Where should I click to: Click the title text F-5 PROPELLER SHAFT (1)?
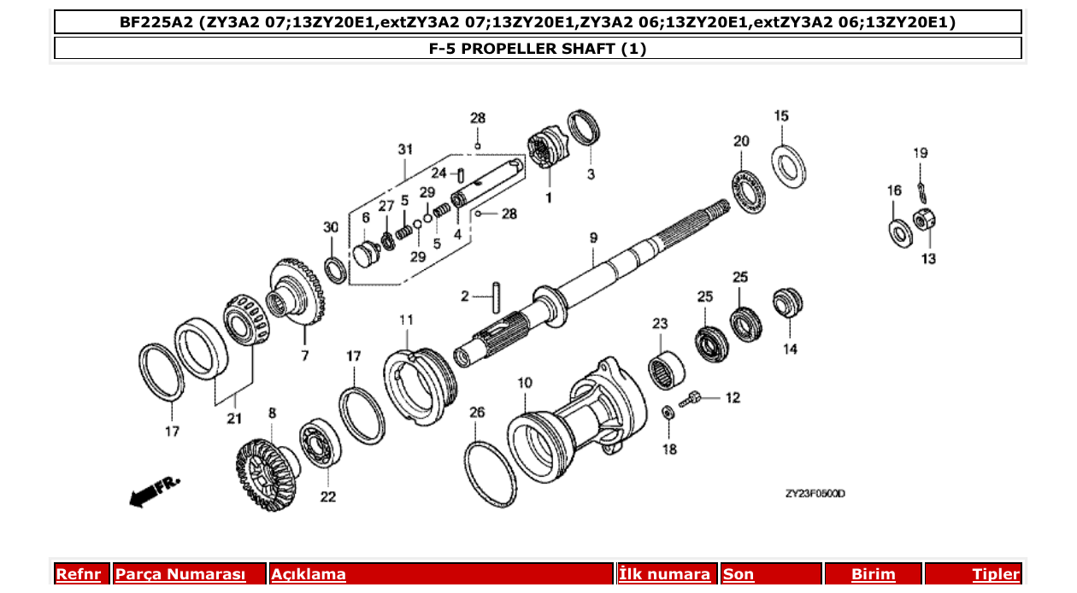[x=537, y=49]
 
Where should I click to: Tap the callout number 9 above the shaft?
[x=592, y=238]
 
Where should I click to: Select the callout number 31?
[x=404, y=149]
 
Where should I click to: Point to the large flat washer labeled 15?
[x=791, y=164]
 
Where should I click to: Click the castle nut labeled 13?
[x=925, y=222]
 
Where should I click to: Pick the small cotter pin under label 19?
[x=920, y=187]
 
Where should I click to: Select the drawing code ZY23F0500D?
[x=815, y=494]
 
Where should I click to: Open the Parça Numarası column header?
[x=180, y=574]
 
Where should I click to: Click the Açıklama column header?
[x=309, y=574]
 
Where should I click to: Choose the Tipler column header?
[x=995, y=574]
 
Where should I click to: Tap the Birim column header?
[x=873, y=574]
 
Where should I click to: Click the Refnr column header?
[x=78, y=574]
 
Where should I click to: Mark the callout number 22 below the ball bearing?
[x=328, y=496]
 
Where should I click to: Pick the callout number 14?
[x=790, y=349]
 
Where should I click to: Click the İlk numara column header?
[x=664, y=574]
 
